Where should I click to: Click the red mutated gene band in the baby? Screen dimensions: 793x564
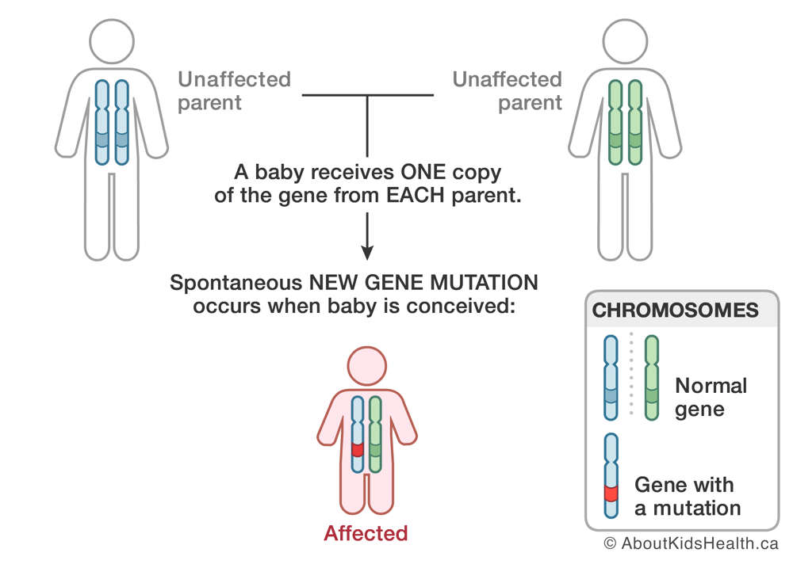point(358,449)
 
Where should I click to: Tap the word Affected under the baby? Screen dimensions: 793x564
point(366,533)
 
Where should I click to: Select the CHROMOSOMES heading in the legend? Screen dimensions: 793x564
point(675,310)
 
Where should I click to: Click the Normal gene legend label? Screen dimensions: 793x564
point(711,397)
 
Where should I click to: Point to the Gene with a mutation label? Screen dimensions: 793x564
point(688,497)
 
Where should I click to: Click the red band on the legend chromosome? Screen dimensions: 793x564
point(611,493)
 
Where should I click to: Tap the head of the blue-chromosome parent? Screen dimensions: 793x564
point(112,41)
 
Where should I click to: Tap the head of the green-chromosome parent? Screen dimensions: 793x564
point(625,41)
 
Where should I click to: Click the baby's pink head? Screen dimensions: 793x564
point(367,366)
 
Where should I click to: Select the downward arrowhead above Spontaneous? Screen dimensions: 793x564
point(367,253)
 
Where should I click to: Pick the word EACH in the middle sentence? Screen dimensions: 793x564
point(416,195)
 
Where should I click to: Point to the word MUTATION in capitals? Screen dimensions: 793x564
point(485,283)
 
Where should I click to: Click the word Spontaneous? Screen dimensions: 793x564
point(236,284)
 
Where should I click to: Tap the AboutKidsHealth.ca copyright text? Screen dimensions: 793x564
point(691,543)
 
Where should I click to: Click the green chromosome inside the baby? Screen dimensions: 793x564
point(375,434)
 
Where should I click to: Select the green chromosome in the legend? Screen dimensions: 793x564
point(652,378)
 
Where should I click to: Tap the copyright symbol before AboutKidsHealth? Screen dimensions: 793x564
point(611,543)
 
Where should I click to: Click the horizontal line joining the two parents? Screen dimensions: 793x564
point(368,95)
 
